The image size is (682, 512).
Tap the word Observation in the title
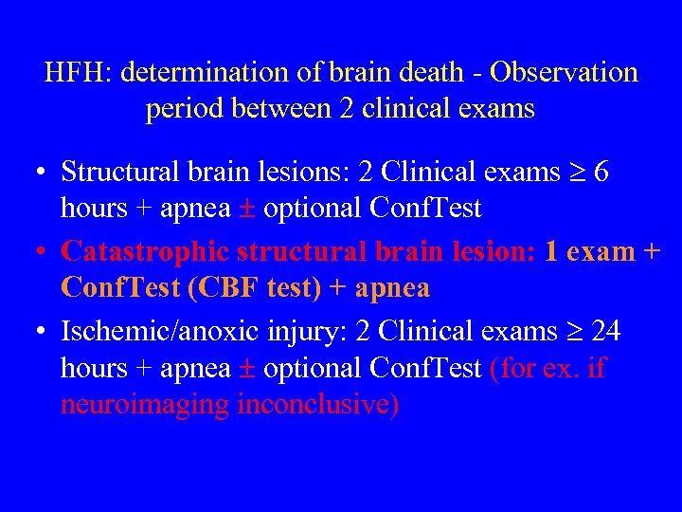click(565, 73)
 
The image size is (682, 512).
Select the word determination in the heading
click(198, 73)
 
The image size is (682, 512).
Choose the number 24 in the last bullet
click(606, 331)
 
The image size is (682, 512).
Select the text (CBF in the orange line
click(220, 287)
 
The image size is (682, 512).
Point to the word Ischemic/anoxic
click(154, 331)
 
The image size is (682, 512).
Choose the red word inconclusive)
click(318, 405)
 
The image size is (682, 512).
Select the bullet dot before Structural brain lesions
click(40, 173)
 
